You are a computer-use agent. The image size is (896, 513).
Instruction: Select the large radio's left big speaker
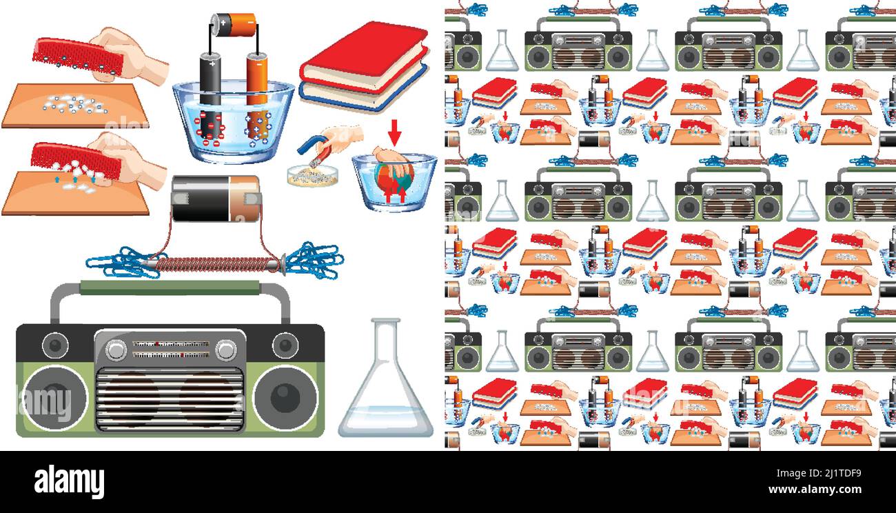point(54,397)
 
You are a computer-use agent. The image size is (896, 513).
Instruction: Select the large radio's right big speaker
point(285,397)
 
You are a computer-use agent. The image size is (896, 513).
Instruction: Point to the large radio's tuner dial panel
point(170,349)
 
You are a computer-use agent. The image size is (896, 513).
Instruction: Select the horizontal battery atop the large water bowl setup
point(234,25)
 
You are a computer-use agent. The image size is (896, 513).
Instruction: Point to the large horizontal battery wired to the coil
point(216,199)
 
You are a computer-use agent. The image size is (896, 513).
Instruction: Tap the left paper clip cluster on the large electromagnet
point(124,263)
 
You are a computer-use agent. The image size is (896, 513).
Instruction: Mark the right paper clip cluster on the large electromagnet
point(312,260)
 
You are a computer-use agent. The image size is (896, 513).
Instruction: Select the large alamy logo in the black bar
point(70,481)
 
